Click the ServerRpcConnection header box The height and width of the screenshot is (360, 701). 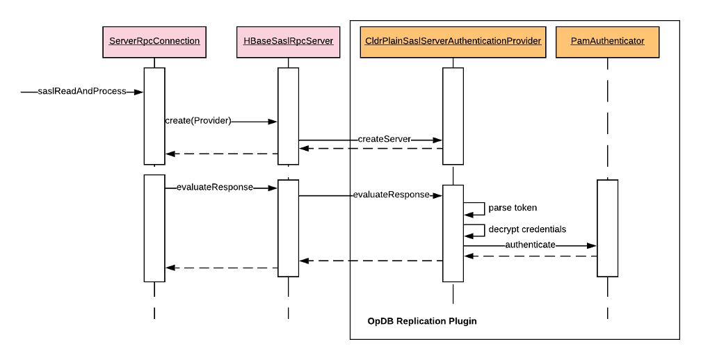pos(154,42)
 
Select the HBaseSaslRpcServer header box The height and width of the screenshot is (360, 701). pos(289,42)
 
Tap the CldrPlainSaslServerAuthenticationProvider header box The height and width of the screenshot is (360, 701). pos(453,42)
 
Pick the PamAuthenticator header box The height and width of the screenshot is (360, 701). pos(608,42)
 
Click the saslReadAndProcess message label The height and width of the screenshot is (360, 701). pos(82,91)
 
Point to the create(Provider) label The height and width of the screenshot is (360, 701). pos(198,121)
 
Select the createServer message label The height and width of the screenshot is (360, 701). pos(384,140)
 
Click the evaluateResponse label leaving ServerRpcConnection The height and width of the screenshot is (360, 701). pos(215,187)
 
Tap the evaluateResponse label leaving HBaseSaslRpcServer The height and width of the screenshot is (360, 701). pos(391,195)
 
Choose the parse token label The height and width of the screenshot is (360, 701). pos(513,208)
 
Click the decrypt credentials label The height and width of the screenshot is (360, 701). pos(527,229)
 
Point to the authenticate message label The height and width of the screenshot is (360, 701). pos(530,245)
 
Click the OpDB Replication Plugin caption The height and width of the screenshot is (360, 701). pos(422,321)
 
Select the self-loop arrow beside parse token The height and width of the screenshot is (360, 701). pos(484,208)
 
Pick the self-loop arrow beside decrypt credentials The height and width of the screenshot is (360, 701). pos(484,230)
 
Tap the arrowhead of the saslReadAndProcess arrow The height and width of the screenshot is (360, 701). pos(138,92)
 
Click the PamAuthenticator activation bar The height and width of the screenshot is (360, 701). pos(608,228)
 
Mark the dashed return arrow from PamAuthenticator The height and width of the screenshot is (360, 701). pos(531,256)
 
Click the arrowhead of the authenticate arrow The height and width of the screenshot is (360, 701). pos(592,245)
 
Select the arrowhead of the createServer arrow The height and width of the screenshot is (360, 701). pos(437,140)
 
